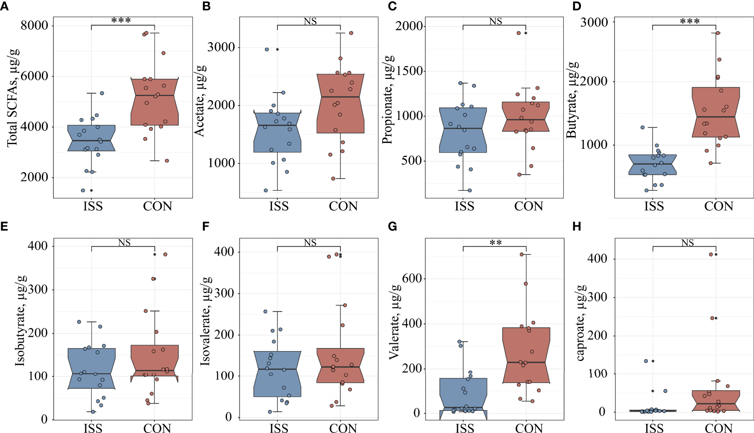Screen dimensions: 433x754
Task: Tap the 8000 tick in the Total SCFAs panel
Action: click(x=34, y=26)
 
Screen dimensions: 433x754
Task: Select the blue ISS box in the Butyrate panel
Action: click(x=652, y=165)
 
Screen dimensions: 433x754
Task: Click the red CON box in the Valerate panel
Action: click(x=526, y=355)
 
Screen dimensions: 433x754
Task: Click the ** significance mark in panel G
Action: click(x=496, y=243)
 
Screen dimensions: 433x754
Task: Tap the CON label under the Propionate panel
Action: click(x=528, y=206)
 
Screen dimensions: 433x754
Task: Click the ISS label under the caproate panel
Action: click(x=654, y=428)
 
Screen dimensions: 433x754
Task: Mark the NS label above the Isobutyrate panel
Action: click(x=124, y=243)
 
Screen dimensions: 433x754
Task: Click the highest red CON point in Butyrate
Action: click(x=717, y=33)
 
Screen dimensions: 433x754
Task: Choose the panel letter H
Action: click(x=577, y=227)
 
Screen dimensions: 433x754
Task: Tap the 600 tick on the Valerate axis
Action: click(x=412, y=279)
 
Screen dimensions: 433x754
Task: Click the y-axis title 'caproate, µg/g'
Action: click(x=580, y=323)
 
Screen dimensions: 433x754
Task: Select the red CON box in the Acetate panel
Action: click(x=340, y=104)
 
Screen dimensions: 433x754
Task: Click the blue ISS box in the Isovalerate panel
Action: click(x=277, y=374)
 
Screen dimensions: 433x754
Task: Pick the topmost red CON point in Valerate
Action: click(x=522, y=255)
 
